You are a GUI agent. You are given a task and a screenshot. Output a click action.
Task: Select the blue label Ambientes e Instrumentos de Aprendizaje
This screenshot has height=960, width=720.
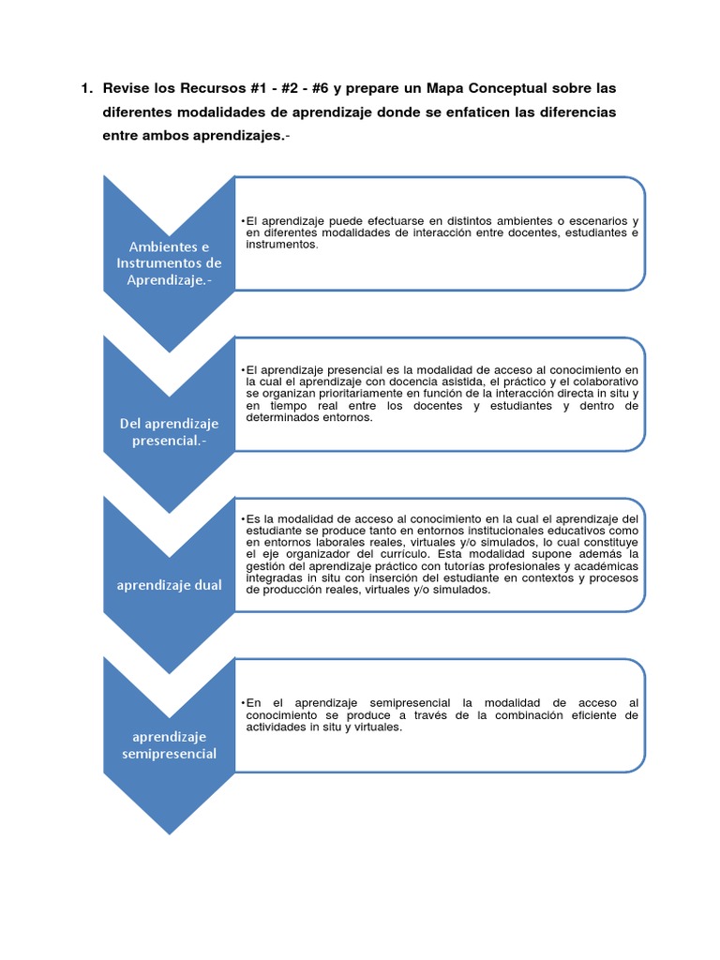(x=169, y=262)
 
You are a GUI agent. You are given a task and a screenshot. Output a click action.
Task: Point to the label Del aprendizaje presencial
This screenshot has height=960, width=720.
(x=169, y=432)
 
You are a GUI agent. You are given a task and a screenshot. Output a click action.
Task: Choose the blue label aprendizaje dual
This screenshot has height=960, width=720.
(x=169, y=585)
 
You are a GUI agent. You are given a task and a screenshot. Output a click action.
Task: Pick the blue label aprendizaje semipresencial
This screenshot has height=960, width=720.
(x=169, y=744)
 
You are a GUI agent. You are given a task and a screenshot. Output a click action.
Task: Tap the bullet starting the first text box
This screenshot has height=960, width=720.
(x=243, y=221)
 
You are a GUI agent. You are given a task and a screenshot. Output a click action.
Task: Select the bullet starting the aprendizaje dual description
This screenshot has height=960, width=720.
(x=243, y=517)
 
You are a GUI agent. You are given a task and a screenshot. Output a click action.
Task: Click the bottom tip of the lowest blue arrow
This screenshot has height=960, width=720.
(x=169, y=832)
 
